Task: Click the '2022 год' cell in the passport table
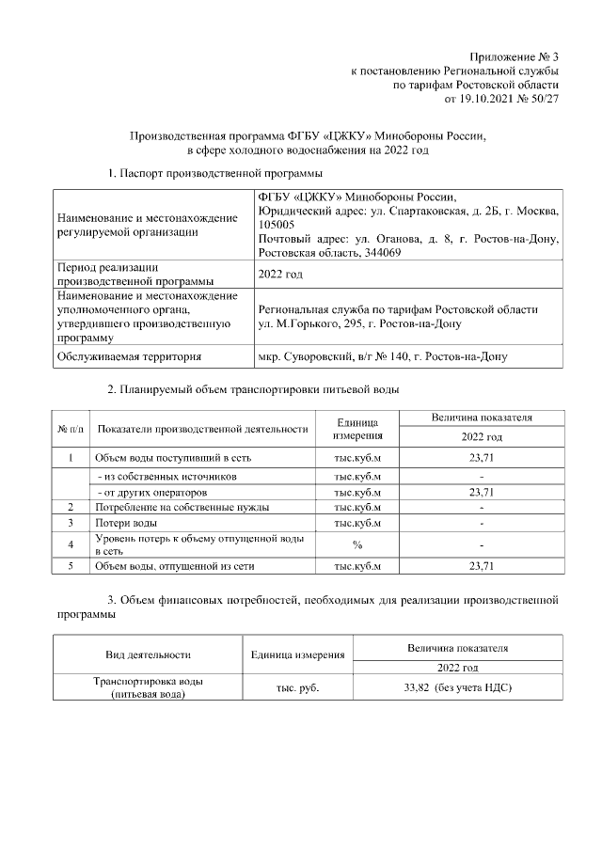tap(280, 274)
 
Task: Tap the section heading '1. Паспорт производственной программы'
tap(215, 173)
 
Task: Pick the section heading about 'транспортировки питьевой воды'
tap(253, 389)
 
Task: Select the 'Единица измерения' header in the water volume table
tap(357, 430)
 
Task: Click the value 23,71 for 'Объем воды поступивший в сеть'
tap(481, 458)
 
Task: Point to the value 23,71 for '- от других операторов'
tap(481, 492)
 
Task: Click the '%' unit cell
tap(357, 544)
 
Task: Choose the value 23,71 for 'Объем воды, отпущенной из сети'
tap(481, 566)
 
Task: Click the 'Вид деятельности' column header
tap(148, 654)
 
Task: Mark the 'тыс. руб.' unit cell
tap(296, 688)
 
